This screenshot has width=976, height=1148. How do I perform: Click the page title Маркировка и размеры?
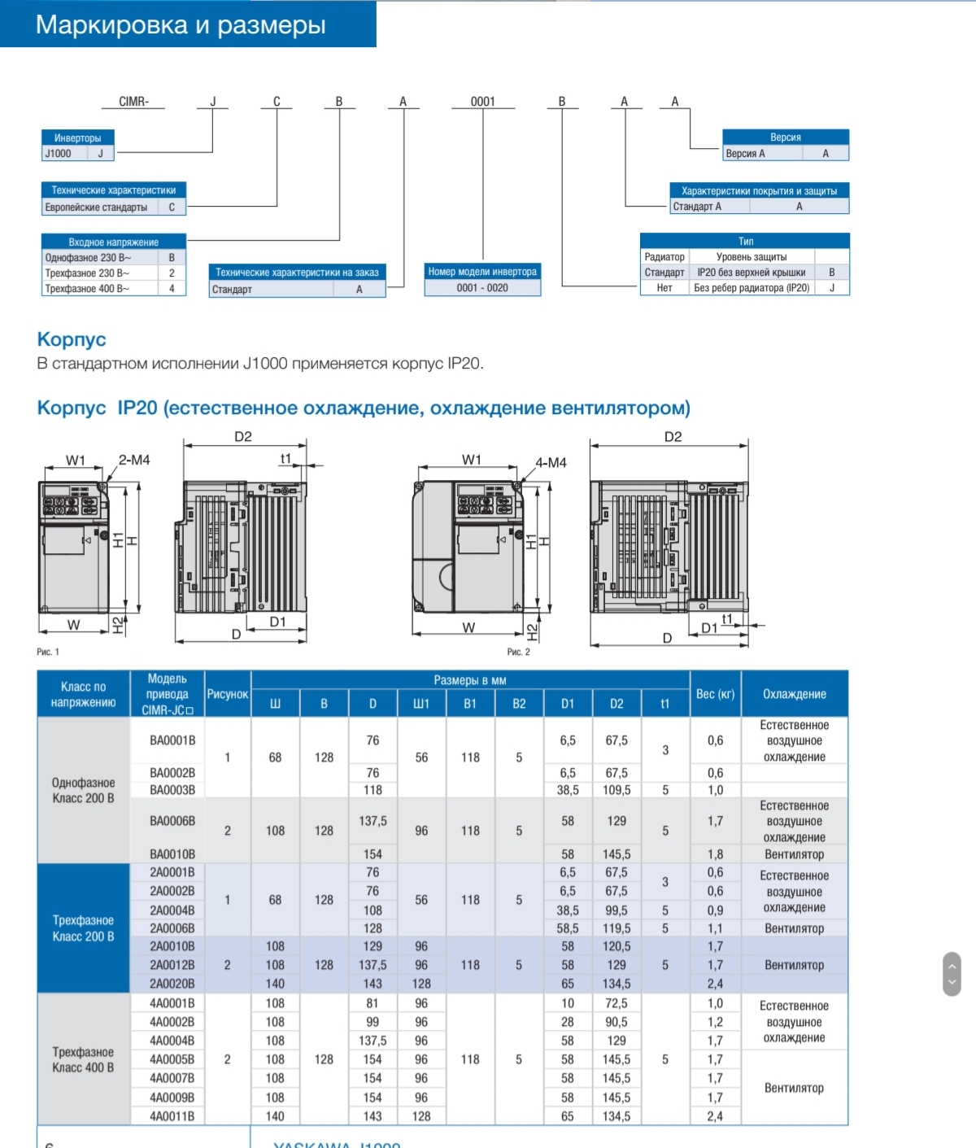pos(181,25)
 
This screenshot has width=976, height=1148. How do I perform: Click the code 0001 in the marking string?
pos(482,102)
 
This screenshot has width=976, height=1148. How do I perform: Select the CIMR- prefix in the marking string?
pos(133,102)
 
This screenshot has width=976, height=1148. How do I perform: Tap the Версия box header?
pos(785,137)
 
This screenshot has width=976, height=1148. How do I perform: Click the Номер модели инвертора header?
pos(482,272)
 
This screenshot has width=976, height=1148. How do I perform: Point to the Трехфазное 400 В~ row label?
pos(87,289)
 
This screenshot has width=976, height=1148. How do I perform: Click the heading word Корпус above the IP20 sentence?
pos(72,339)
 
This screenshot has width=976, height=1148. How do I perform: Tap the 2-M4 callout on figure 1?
pos(134,460)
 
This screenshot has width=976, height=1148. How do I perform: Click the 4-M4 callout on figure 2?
pos(551,462)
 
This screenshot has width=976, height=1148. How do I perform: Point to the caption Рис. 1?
pos(48,652)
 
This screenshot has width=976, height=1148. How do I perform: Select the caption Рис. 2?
pos(518,652)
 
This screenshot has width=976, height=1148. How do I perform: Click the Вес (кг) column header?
pos(715,694)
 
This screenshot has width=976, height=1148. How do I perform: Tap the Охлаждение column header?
pos(794,694)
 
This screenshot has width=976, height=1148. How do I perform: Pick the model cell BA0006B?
pos(172,821)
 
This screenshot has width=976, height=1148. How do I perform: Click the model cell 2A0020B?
pos(172,984)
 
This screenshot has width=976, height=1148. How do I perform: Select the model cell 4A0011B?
pos(172,1116)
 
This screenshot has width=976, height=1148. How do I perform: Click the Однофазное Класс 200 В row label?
pos(83,790)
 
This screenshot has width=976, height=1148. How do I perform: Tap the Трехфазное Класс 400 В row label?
pos(83,1059)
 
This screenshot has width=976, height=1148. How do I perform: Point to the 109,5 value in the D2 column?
pos(617,790)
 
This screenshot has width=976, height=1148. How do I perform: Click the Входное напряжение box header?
pos(114,242)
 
